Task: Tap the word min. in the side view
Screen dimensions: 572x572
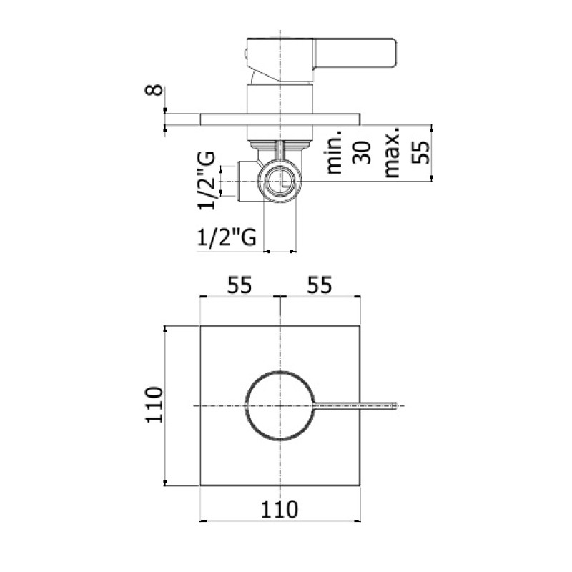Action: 334,151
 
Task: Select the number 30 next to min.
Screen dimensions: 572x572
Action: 361,152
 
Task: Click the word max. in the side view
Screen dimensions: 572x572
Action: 392,152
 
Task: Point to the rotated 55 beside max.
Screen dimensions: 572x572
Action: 420,152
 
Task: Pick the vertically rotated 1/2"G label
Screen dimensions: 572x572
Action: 207,181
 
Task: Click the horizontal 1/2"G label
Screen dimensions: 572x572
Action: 227,237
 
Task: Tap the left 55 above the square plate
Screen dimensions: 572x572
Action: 240,285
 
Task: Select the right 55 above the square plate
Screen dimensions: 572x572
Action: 320,285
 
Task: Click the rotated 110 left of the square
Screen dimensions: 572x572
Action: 154,405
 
